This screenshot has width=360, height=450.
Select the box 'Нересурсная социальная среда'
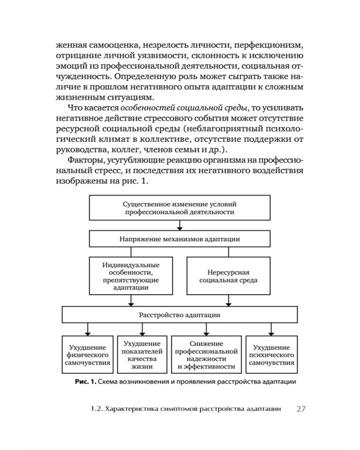tap(229, 276)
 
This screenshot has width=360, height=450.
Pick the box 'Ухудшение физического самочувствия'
tap(88, 355)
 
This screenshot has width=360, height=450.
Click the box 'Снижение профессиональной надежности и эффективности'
tap(206, 355)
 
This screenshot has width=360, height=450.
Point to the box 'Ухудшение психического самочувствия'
tap(271, 355)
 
